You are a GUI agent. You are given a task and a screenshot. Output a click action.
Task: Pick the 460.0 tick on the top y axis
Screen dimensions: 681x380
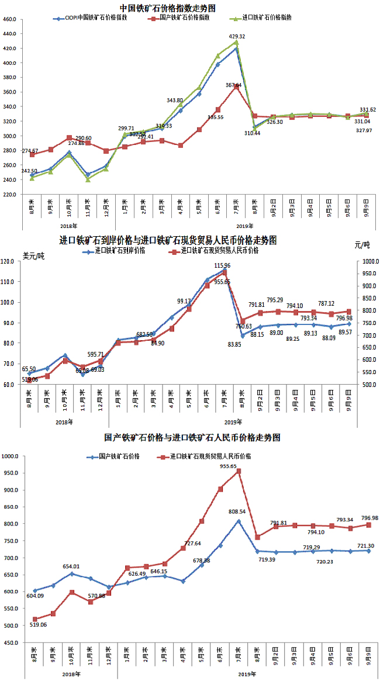(x=9, y=19)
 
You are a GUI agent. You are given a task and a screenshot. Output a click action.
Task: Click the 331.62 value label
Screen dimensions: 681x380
(x=367, y=109)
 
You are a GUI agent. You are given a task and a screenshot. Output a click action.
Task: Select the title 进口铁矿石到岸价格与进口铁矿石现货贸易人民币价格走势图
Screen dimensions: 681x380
(x=169, y=240)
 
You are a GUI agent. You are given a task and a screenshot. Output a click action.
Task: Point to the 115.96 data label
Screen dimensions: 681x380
(x=222, y=266)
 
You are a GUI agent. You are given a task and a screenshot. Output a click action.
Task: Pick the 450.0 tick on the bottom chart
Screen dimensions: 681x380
(x=11, y=642)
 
